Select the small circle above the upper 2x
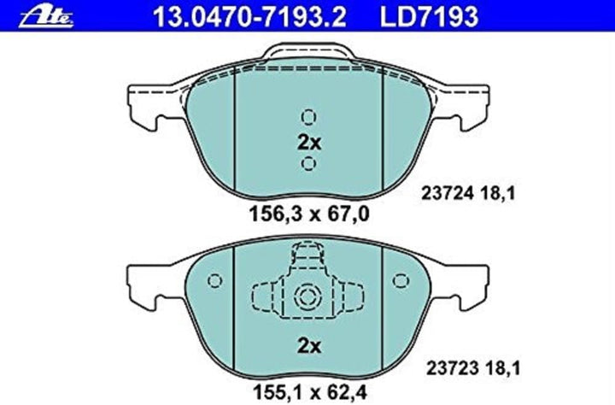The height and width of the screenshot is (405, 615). tap(308, 117)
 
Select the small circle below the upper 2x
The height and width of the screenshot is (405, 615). tap(308, 164)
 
